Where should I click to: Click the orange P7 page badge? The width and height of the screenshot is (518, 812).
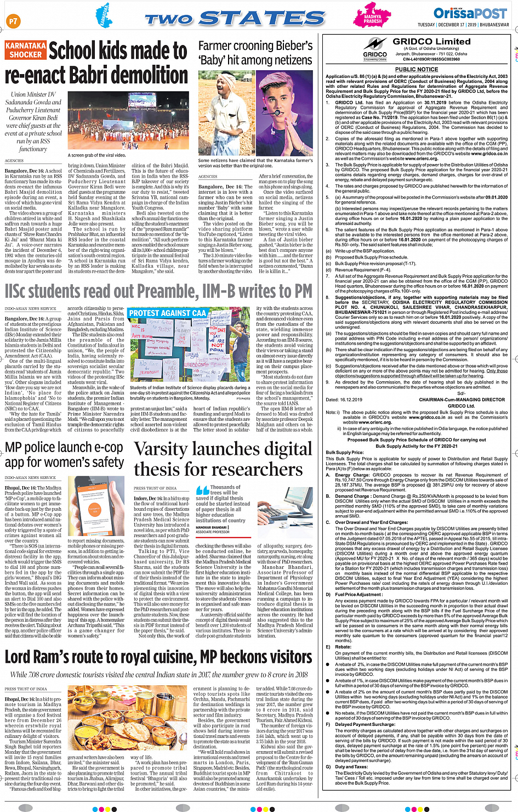(x=13, y=21)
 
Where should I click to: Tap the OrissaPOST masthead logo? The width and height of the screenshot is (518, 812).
(x=470, y=13)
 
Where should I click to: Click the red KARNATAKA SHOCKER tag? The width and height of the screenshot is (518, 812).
(x=25, y=50)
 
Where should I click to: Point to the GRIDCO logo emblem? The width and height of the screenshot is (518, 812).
(x=375, y=46)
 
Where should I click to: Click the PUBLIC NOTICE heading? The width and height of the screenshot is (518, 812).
(x=417, y=70)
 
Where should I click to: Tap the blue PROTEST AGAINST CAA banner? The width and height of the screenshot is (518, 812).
(x=167, y=313)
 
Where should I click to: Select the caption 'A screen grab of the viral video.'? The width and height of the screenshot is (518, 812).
(x=97, y=155)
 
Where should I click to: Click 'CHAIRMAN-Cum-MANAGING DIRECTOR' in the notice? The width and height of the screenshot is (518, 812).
(x=462, y=399)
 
